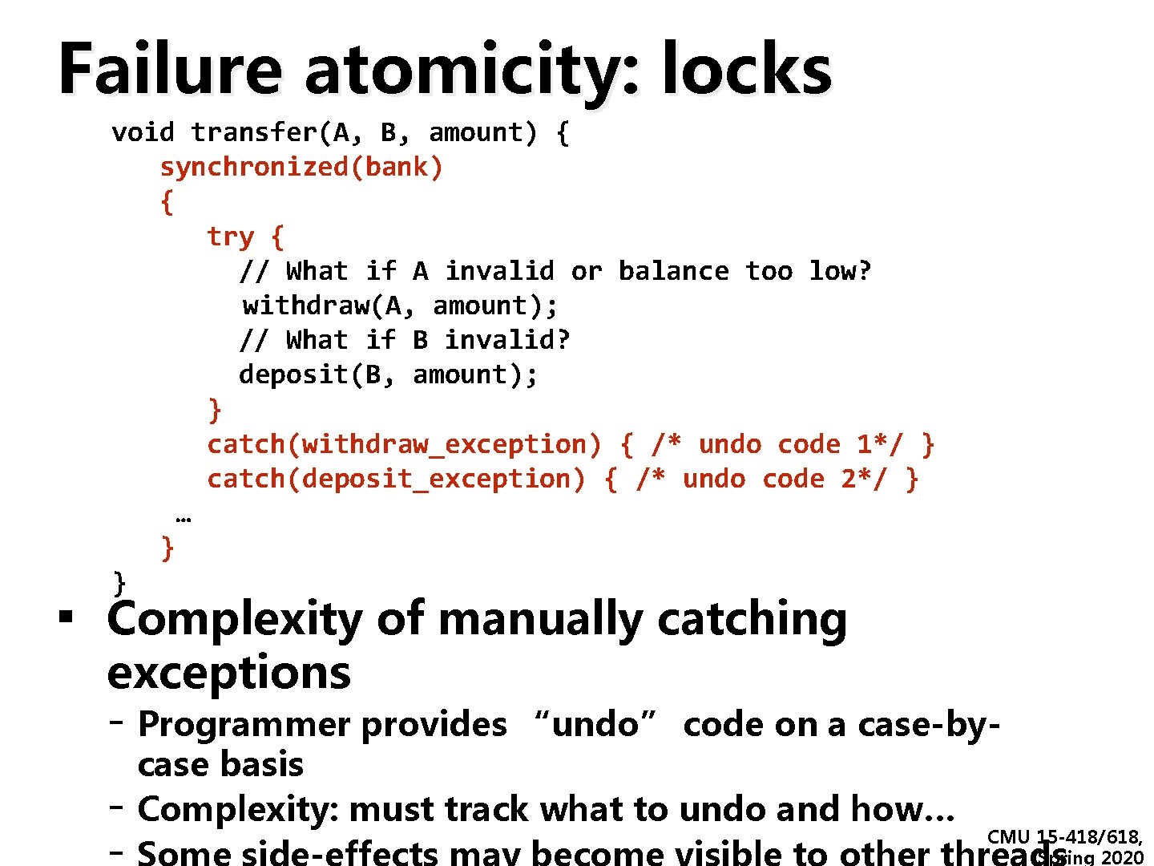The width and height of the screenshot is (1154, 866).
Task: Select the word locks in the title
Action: tap(747, 71)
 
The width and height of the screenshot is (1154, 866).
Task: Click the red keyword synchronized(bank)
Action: tap(301, 168)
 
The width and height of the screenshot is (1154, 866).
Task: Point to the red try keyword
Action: tap(230, 237)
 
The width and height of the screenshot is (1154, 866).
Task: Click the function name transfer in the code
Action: tap(254, 133)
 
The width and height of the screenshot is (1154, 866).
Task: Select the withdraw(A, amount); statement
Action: tap(400, 306)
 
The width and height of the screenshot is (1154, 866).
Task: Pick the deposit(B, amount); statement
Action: tap(389, 375)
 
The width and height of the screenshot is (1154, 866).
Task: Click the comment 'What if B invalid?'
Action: tap(427, 341)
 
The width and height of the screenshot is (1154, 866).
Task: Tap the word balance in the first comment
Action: tap(673, 272)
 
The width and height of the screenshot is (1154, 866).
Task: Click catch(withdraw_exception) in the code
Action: tap(404, 444)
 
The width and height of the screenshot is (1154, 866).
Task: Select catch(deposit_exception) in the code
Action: tap(396, 480)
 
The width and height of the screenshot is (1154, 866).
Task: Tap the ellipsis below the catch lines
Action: tap(183, 518)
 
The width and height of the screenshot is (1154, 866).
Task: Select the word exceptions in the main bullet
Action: tap(228, 672)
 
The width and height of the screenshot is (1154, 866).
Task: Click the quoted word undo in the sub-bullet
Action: tap(595, 725)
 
